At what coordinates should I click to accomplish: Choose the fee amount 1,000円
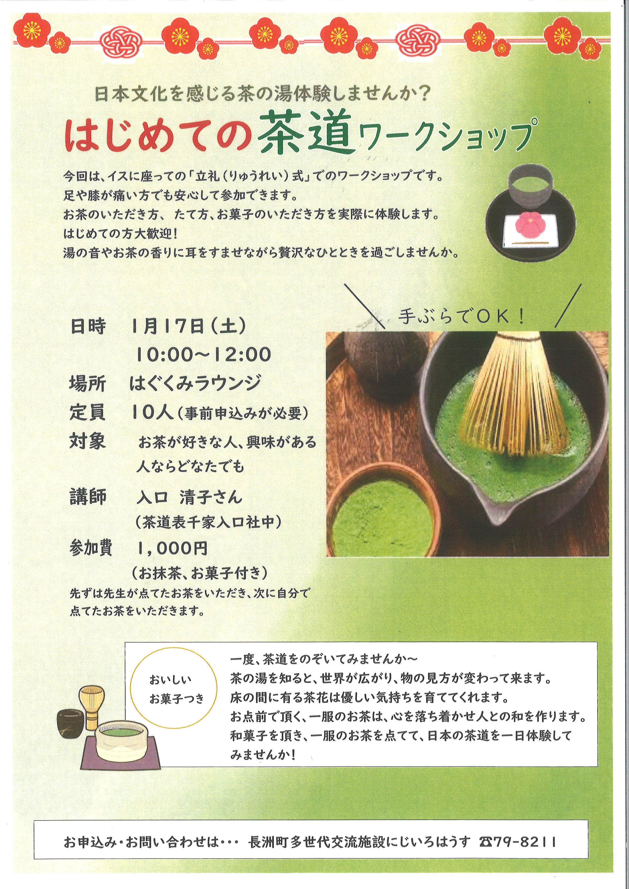[173, 549]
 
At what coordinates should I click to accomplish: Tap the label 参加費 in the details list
[91, 548]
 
